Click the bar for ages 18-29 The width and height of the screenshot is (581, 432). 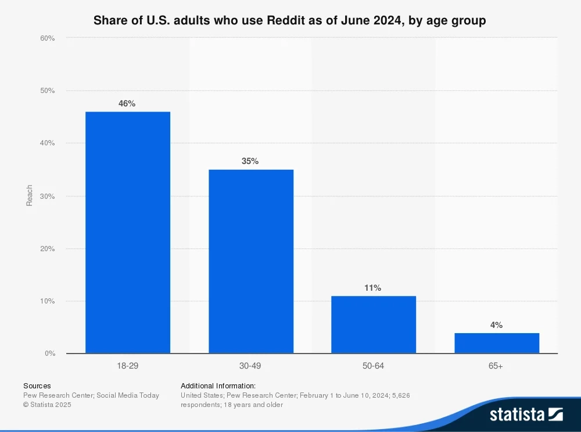128,233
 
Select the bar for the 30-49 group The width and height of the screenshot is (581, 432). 250,262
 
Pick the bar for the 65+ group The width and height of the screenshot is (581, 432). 497,343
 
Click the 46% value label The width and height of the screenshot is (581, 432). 127,103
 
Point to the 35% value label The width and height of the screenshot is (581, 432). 250,161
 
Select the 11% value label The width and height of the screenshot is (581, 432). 373,288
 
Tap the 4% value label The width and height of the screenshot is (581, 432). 496,325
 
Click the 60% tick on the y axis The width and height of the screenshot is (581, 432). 48,38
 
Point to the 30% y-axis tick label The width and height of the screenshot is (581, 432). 48,197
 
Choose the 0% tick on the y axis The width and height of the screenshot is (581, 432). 49,354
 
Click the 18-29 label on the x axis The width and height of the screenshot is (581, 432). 127,366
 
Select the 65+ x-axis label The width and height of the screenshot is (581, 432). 497,366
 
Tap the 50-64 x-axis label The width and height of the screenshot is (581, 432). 374,366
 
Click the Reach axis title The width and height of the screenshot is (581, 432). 29,196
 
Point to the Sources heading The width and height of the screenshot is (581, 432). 37,385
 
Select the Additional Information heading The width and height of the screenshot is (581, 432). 218,385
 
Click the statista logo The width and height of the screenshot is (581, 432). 526,415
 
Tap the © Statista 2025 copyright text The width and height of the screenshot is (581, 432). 47,405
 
